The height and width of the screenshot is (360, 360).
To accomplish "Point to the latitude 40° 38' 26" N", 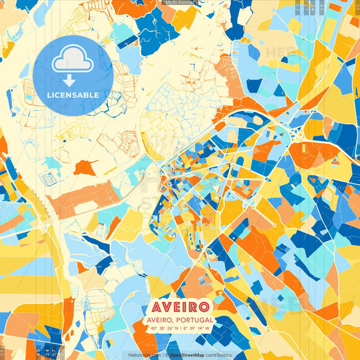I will point(162,328).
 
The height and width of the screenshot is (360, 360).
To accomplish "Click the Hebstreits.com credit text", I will point(144,355).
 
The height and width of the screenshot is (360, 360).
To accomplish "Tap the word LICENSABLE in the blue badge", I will point(72,95).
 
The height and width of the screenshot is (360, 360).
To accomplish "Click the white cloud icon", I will point(72,59).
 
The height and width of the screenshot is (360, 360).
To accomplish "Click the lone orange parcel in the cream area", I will point(85,167).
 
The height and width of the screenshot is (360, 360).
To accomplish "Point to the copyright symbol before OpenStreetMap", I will point(166,355).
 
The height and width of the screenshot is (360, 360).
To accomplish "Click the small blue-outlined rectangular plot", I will point(48,179).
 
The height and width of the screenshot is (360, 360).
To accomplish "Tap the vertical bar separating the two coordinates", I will point(179,328).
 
